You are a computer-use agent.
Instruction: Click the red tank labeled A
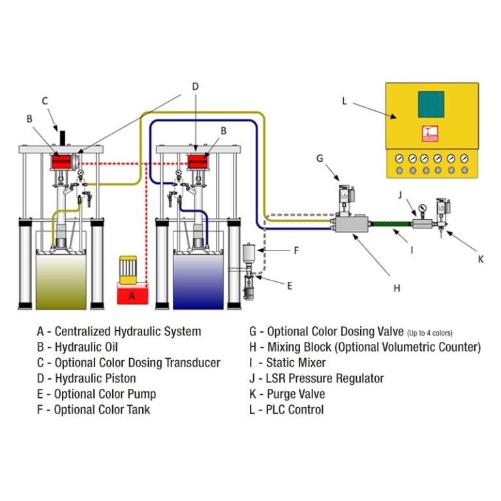pyautogui.click(x=132, y=293)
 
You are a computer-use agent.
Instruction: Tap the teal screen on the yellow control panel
pyautogui.click(x=431, y=104)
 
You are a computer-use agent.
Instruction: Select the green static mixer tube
pyautogui.click(x=390, y=224)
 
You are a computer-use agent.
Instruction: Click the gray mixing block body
pyautogui.click(x=351, y=224)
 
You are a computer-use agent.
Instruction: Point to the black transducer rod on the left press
pyautogui.click(x=63, y=138)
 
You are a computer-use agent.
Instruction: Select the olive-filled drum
pyautogui.click(x=61, y=281)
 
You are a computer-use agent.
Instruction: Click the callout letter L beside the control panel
pyautogui.click(x=344, y=101)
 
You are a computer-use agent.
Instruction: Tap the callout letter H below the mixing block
pyautogui.click(x=397, y=288)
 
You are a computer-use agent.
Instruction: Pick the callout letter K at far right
pyautogui.click(x=481, y=260)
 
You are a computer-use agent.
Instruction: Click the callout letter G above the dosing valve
pyautogui.click(x=320, y=158)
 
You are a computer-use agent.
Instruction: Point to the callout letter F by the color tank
pyautogui.click(x=296, y=250)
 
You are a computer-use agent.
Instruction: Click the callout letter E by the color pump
pyautogui.click(x=290, y=286)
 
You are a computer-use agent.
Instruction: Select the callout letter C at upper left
pyautogui.click(x=45, y=101)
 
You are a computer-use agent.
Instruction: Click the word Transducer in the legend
pyautogui.click(x=192, y=363)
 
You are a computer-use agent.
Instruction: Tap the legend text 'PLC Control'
pyautogui.click(x=295, y=410)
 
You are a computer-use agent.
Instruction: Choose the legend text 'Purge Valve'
pyautogui.click(x=296, y=394)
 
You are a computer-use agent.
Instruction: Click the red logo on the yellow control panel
pyautogui.click(x=430, y=134)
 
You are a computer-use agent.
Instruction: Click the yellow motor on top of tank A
pyautogui.click(x=128, y=269)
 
